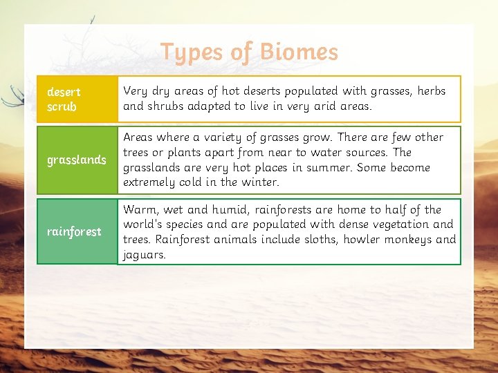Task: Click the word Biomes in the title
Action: pyautogui.click(x=299, y=52)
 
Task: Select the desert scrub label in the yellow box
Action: pyautogui.click(x=63, y=99)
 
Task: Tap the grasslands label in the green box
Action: pyautogui.click(x=76, y=160)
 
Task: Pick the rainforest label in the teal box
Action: pyautogui.click(x=74, y=231)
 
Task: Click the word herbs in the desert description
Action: pyautogui.click(x=431, y=90)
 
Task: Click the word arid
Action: pyautogui.click(x=326, y=106)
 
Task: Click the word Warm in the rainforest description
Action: pyautogui.click(x=139, y=209)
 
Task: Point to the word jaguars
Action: pyautogui.click(x=144, y=255)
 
